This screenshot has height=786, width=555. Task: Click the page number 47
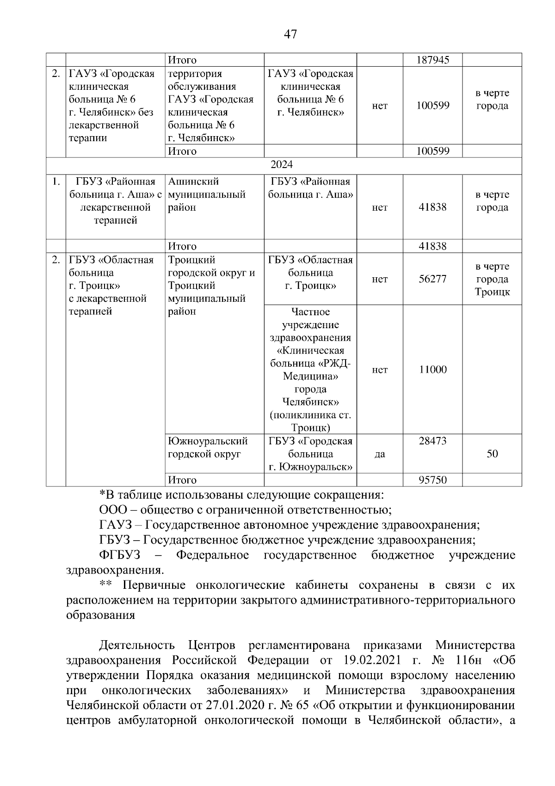[x=290, y=34]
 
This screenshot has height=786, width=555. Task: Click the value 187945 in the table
[x=432, y=60]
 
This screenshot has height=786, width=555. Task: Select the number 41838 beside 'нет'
[x=432, y=207]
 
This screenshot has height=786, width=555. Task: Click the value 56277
[x=432, y=279]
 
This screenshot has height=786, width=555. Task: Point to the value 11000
[x=432, y=369]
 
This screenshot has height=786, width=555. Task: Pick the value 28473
[x=432, y=441]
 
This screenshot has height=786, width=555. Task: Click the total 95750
[x=432, y=480]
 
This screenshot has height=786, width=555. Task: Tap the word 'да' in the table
[x=379, y=454]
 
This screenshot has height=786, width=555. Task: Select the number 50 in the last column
[x=492, y=454]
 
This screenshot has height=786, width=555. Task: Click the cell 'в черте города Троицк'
[x=492, y=279]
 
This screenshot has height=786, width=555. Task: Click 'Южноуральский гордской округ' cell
[x=208, y=447]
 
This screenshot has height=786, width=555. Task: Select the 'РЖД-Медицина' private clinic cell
[x=310, y=369]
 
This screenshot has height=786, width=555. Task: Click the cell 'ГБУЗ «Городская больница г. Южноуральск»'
[x=310, y=454]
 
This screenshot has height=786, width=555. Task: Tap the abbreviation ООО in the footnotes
[x=111, y=510]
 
